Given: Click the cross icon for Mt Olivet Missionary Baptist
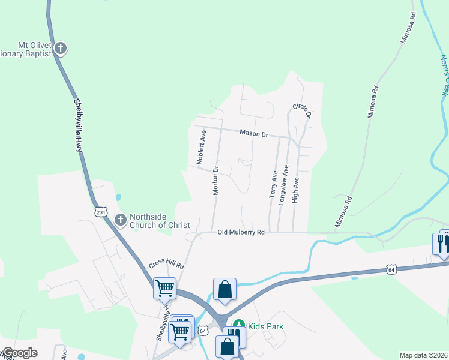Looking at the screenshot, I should [60, 48].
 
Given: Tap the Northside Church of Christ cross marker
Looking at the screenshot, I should [120, 220].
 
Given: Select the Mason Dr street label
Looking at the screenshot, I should [253, 133].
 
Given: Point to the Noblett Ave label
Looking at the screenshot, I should [200, 148].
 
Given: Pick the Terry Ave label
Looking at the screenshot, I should [273, 184].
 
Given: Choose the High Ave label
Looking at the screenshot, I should [295, 190].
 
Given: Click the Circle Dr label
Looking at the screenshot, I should [302, 110].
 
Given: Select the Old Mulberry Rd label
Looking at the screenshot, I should [241, 232].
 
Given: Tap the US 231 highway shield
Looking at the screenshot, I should [100, 212].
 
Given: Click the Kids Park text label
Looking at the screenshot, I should [266, 326].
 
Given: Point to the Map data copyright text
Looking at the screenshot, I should [424, 355].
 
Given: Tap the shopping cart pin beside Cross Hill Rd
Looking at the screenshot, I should [164, 287].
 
